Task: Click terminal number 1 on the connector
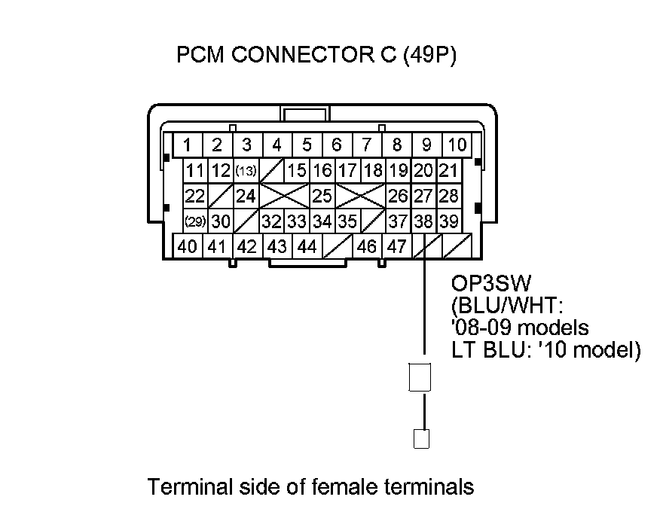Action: (187, 145)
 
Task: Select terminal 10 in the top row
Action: (457, 145)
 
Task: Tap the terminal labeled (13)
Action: (246, 171)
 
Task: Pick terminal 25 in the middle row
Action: (322, 197)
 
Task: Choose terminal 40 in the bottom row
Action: (188, 246)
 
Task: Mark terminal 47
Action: (396, 246)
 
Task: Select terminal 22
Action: (195, 197)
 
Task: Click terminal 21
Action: (449, 171)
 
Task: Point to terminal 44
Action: (307, 246)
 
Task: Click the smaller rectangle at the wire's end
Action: (422, 438)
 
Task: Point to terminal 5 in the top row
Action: (307, 145)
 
